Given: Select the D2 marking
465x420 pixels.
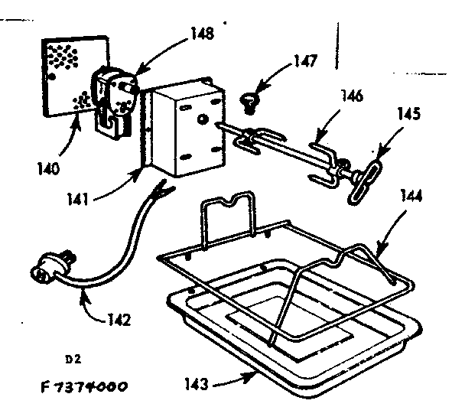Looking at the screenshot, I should [73, 358].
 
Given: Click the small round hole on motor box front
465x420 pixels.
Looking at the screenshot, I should [202, 119].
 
